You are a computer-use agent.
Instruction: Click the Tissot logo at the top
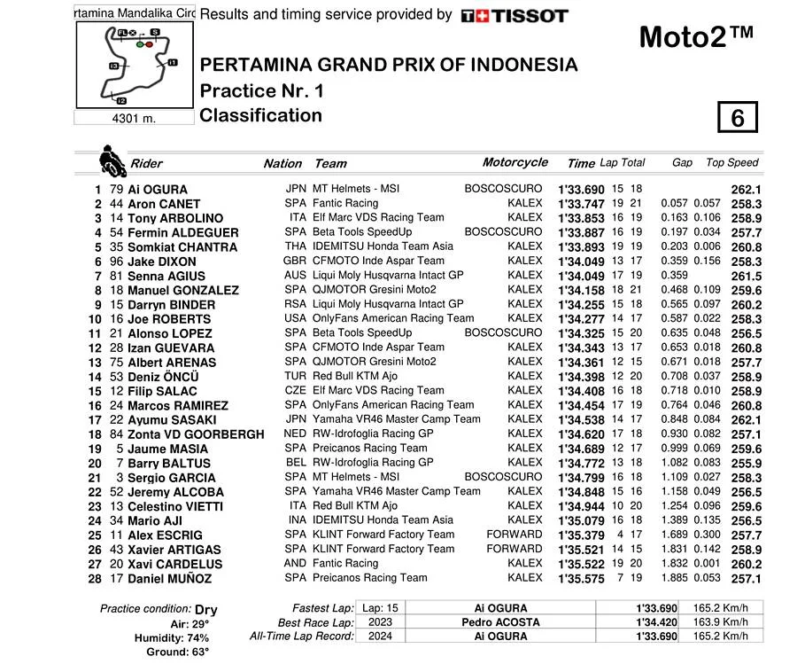(x=515, y=15)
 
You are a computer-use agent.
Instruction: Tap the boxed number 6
(x=737, y=118)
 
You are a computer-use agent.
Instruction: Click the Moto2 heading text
(x=696, y=36)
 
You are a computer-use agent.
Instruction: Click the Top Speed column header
(x=731, y=163)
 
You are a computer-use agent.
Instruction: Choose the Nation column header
(x=282, y=164)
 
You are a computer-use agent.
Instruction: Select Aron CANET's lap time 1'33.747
(x=580, y=204)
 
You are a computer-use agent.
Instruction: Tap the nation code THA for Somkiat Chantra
(x=296, y=246)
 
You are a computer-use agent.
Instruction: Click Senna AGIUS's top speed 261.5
(x=747, y=276)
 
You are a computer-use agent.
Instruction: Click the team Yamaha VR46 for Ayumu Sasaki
(x=396, y=419)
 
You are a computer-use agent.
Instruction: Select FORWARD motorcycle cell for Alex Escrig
(x=514, y=535)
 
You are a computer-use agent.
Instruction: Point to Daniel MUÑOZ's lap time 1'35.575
(x=580, y=579)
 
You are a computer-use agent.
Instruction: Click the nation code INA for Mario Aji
(x=296, y=520)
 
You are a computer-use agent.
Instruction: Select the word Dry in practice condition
(x=205, y=610)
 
